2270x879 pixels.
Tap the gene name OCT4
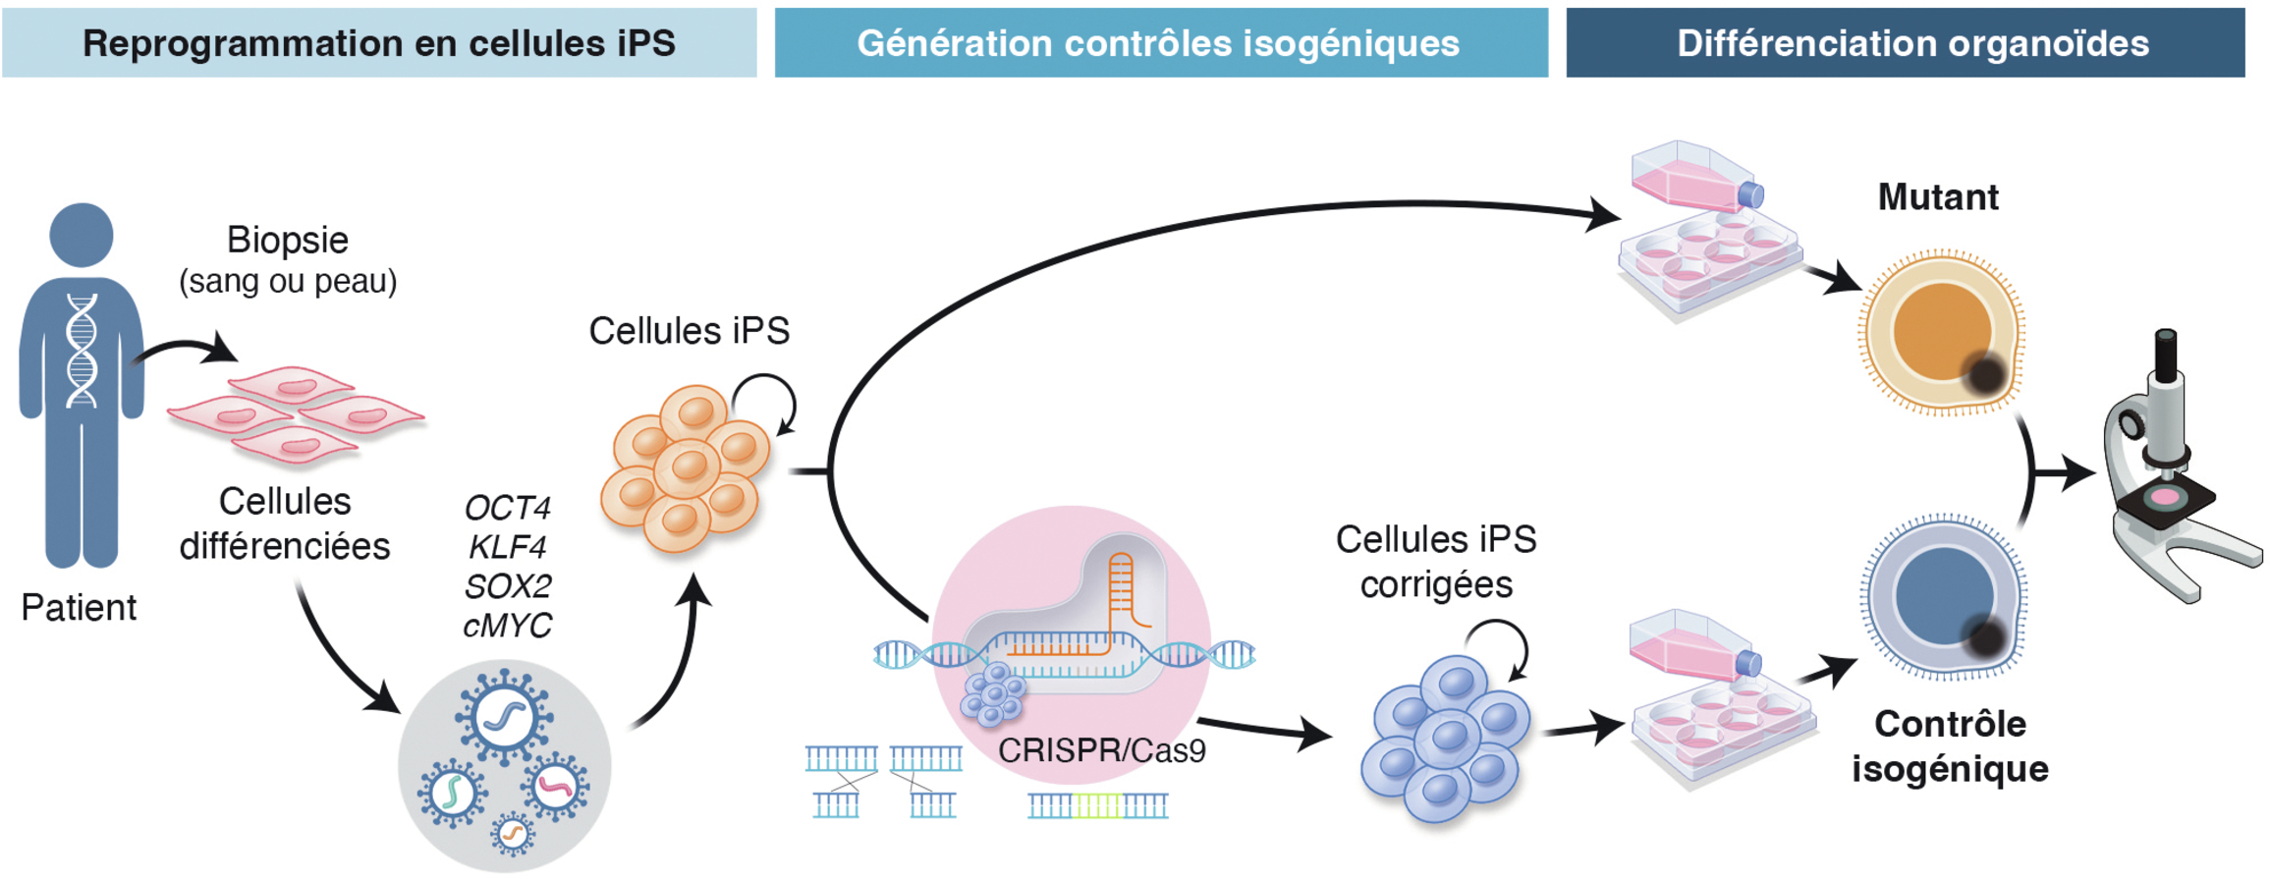[x=507, y=508]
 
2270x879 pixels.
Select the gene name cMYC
[x=507, y=626]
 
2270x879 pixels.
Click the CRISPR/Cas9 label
[x=1101, y=750]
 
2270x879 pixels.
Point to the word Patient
[x=79, y=607]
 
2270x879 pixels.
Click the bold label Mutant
[x=1938, y=197]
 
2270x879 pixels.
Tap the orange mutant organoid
[x=1941, y=333]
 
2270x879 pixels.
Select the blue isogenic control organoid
[x=1942, y=597]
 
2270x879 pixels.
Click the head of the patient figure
[x=81, y=235]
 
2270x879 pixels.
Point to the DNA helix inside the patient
[x=82, y=350]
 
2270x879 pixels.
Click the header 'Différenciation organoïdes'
[x=1913, y=43]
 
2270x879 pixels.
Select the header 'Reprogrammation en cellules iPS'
[x=379, y=43]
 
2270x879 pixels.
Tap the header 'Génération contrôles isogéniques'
[x=1158, y=43]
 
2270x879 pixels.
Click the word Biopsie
[x=287, y=241]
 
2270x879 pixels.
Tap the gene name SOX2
[x=507, y=586]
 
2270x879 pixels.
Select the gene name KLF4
[x=507, y=547]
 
